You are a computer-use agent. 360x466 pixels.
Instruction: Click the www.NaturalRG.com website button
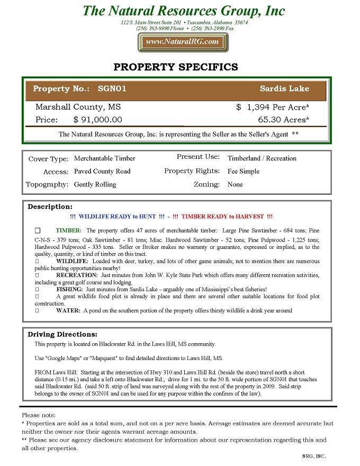coord(182,42)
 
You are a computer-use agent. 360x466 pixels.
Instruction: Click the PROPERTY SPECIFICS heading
coord(176,67)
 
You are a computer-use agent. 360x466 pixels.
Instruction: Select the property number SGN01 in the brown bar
coord(112,89)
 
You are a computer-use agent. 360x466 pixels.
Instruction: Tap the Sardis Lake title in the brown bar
coord(284,89)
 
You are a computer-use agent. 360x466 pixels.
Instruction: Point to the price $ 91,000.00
coord(97,120)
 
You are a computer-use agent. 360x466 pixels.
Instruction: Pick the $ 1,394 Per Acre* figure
coord(273,107)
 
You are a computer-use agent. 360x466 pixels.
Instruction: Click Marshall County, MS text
coord(78,107)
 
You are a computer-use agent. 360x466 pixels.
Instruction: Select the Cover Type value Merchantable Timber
coord(105,158)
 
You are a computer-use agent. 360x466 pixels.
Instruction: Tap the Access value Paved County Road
coord(102,172)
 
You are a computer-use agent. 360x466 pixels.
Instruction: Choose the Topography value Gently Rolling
coord(95,185)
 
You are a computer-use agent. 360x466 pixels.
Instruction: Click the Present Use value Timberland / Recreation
coord(262,158)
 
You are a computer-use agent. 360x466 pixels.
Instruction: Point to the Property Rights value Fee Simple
coord(244,172)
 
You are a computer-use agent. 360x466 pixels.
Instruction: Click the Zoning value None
coord(235,185)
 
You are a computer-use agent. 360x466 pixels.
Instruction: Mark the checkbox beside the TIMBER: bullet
coord(38,231)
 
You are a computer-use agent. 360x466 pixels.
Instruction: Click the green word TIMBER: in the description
coord(69,231)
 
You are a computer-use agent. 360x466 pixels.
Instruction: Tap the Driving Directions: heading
coord(62,335)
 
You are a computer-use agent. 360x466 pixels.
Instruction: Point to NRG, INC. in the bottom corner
coord(314,456)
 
